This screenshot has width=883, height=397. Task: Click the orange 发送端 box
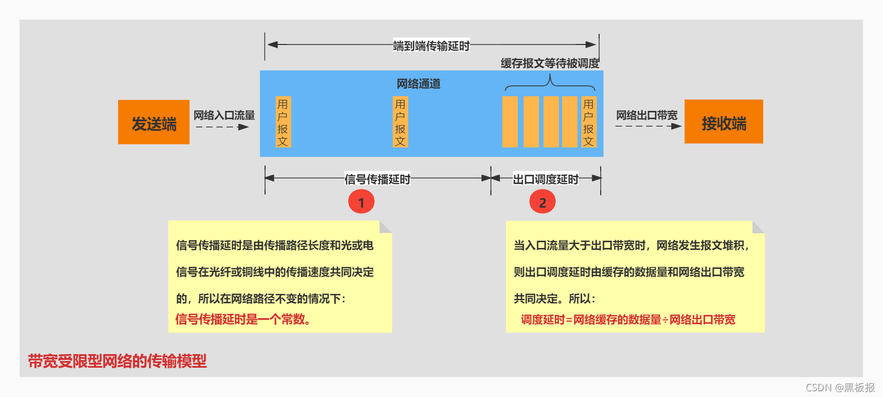pos(154,122)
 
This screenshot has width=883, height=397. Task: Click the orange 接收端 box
pos(724,122)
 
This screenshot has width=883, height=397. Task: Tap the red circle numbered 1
pos(361,202)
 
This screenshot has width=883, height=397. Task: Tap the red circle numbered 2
pos(542,202)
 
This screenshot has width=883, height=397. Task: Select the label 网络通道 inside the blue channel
pos(418,84)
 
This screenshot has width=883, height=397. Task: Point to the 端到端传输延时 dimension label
pos(431,46)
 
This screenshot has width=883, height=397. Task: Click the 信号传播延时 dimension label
pos(377,179)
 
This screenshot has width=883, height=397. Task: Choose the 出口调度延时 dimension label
pos(545,179)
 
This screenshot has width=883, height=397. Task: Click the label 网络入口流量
pos(224,115)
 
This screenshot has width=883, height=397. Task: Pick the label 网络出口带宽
pos(647,115)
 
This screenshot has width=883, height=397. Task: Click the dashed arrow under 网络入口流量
pos(222,127)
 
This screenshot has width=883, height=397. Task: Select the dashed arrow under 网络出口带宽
pos(648,126)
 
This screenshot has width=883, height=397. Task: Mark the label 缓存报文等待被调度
pos(550,63)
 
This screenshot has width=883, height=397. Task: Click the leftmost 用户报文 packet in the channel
pos(283,122)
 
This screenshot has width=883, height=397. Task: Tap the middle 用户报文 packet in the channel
pos(400,122)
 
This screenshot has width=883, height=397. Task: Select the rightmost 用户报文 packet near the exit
pos(588,122)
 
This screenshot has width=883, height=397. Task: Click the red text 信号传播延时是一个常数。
pos(243,319)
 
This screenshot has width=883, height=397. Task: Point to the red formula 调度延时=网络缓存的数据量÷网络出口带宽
pos(628,320)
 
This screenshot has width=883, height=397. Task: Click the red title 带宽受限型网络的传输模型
pos(117,361)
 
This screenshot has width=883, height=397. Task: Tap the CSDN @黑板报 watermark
pos(840,388)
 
